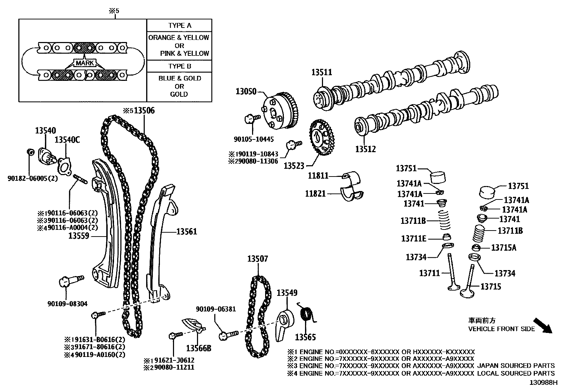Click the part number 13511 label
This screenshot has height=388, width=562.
coord(322,72)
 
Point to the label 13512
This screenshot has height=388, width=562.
coord(365,149)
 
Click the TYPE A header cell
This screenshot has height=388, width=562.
coord(179,25)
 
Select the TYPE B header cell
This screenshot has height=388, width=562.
coord(179,66)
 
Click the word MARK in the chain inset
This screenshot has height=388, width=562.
coord(85,63)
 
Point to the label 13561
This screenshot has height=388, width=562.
coord(187,232)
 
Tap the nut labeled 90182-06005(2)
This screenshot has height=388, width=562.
coord(30,152)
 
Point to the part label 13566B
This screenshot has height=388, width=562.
coord(199,348)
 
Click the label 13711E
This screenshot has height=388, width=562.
coord(413,239)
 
